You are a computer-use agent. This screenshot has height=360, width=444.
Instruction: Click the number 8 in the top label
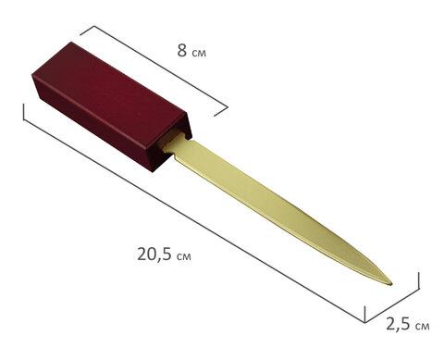click(182, 50)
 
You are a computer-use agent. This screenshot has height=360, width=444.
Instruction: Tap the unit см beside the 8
click(199, 53)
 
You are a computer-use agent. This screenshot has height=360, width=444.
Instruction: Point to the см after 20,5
click(184, 256)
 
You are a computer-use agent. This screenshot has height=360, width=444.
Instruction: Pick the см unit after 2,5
click(422, 326)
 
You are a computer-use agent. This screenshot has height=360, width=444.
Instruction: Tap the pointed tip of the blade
click(391, 283)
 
